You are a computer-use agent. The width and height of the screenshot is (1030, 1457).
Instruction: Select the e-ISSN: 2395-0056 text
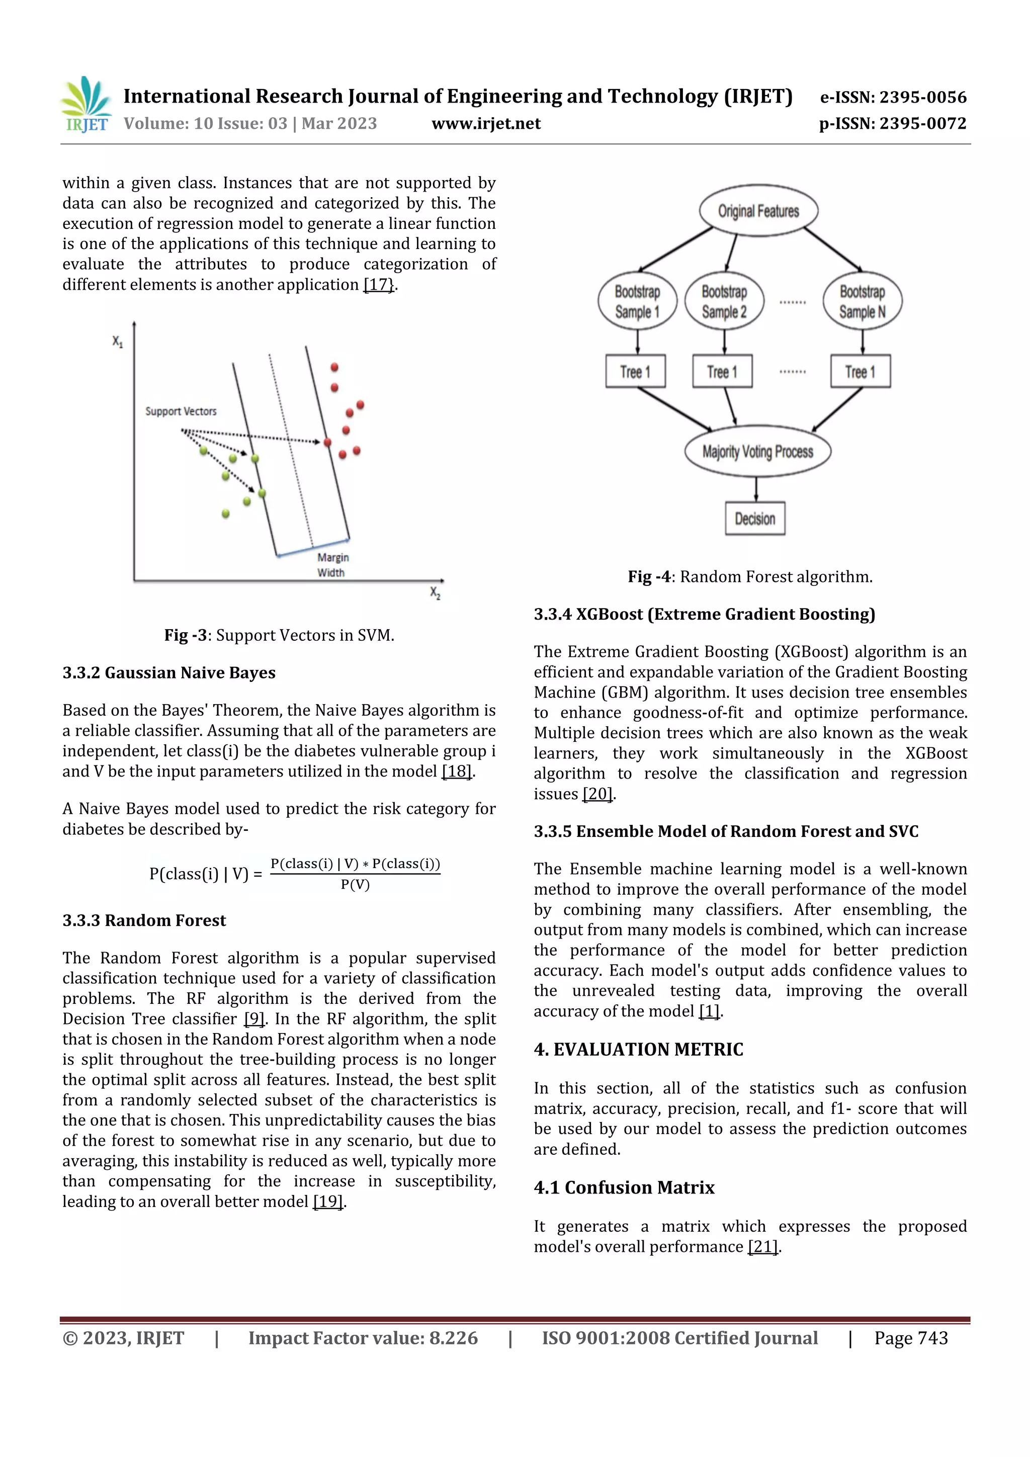[x=893, y=97]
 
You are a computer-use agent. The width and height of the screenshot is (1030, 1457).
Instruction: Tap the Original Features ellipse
[x=758, y=211]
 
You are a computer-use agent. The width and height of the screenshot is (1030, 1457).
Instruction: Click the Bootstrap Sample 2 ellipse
[x=724, y=301]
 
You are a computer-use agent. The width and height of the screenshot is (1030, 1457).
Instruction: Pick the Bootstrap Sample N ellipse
[x=862, y=301]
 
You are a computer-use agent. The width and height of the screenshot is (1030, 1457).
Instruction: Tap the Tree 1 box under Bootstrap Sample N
[x=860, y=371]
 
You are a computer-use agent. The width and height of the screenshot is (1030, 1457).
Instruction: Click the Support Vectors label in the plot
[x=181, y=411]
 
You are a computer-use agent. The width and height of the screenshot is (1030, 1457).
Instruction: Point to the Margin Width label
[x=332, y=565]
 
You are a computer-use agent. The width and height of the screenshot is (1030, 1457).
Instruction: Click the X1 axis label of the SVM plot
[x=117, y=342]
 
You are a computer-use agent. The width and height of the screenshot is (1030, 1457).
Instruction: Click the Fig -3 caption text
[x=279, y=635]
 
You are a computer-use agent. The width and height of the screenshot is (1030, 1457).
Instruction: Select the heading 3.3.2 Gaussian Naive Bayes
[x=169, y=672]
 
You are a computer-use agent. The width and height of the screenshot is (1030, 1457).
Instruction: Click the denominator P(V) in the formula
[x=355, y=885]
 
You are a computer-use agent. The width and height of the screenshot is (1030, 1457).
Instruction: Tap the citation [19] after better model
[x=327, y=1202]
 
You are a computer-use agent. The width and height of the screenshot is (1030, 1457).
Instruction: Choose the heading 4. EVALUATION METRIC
[x=638, y=1050]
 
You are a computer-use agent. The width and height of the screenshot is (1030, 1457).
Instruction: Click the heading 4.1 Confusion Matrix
[x=624, y=1188]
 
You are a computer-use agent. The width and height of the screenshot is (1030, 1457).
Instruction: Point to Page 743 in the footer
[x=911, y=1338]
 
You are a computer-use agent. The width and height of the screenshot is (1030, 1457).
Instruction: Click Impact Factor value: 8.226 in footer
[x=363, y=1338]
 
